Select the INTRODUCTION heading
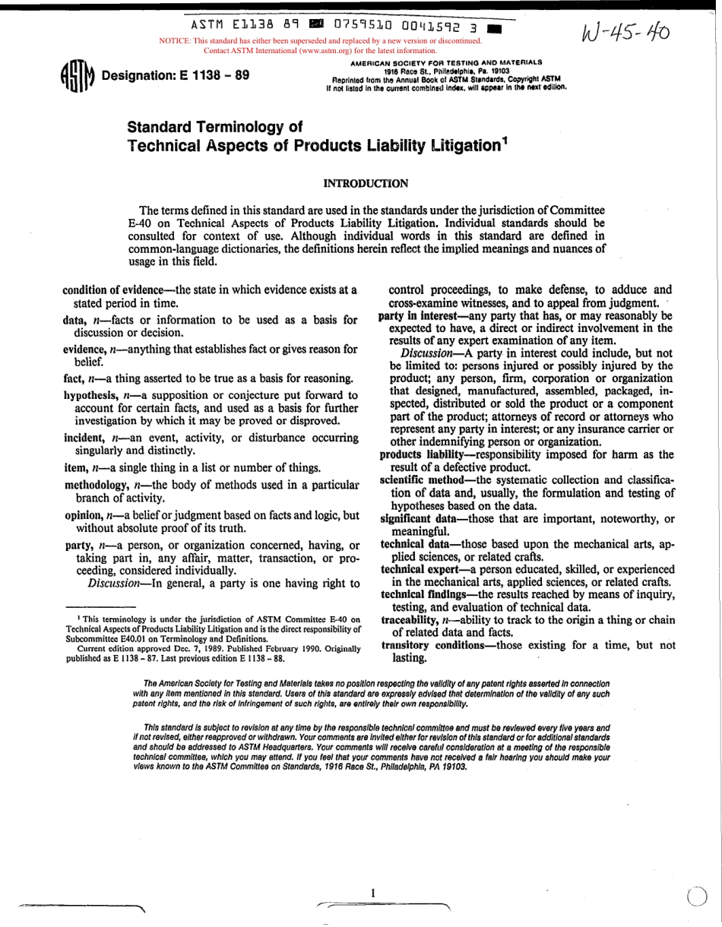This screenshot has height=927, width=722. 366,183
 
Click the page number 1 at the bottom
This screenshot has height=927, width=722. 373,893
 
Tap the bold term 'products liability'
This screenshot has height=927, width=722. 421,454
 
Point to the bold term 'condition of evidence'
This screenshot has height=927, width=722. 114,289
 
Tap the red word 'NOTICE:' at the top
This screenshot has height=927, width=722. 174,41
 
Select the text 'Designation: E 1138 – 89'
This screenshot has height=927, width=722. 176,77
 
